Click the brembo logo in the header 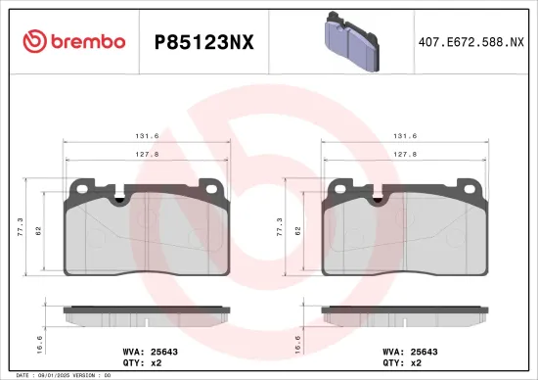(73, 40)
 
